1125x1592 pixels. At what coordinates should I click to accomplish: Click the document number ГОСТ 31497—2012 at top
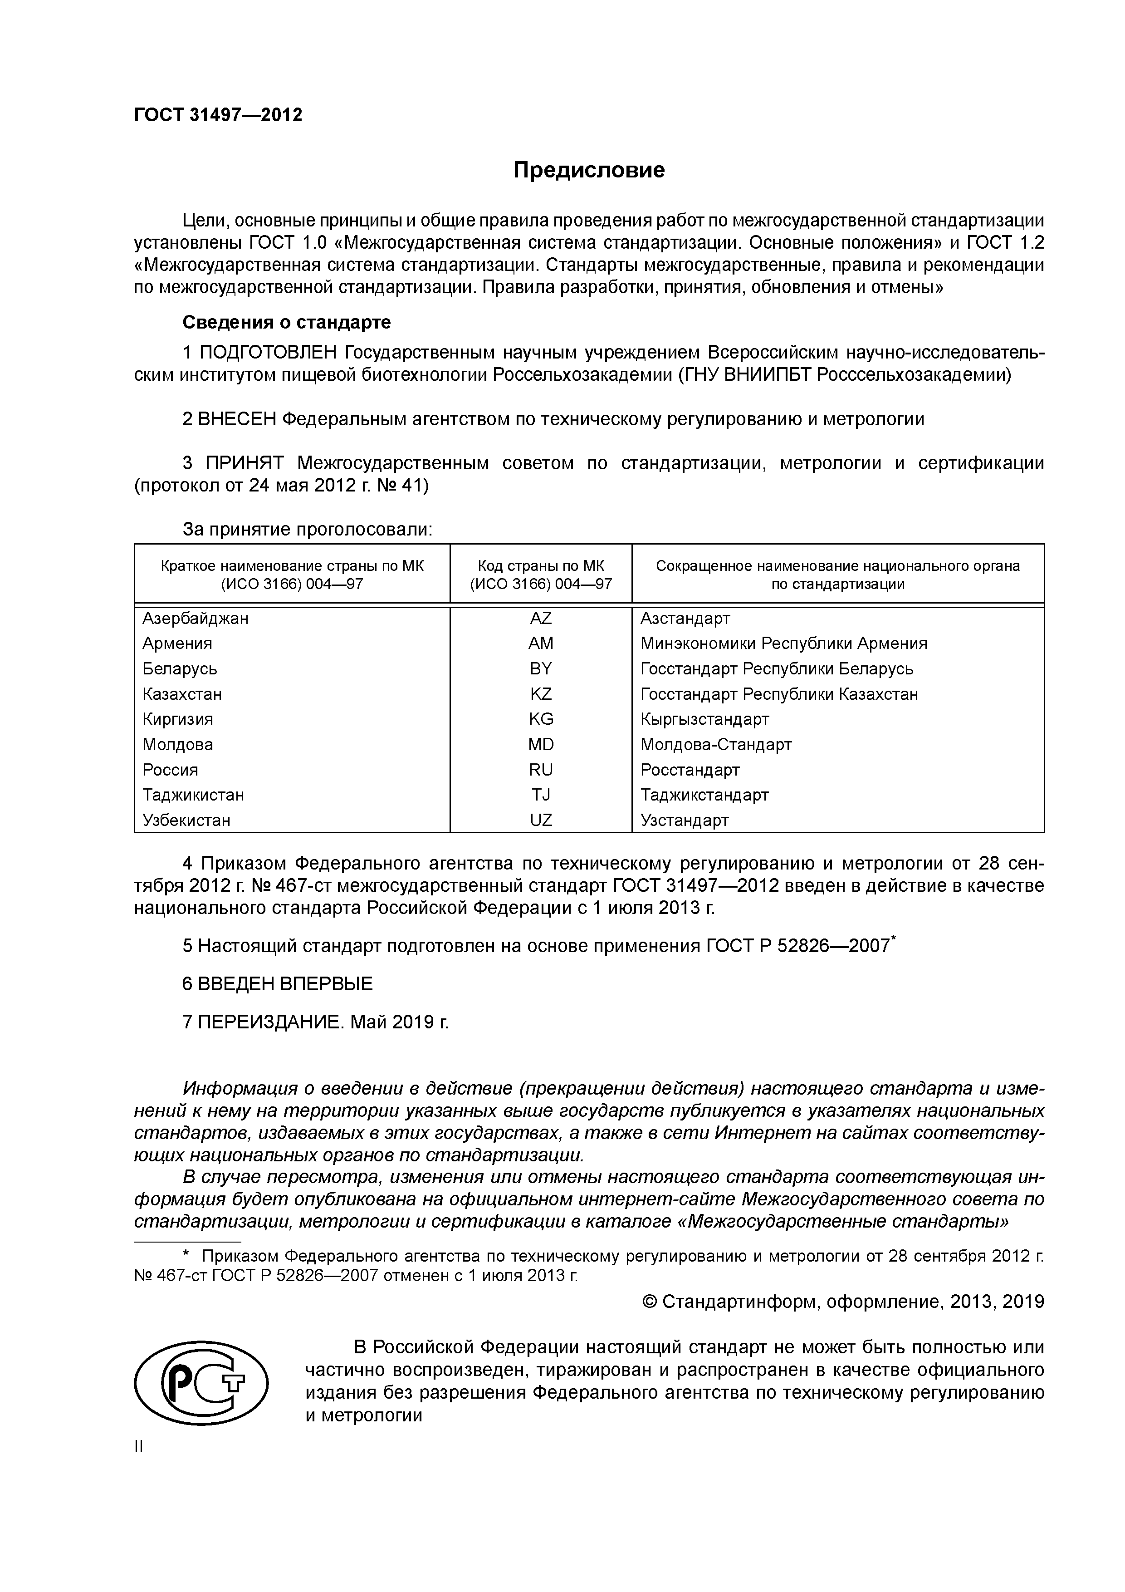point(218,114)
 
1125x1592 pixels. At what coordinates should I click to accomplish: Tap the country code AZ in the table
point(541,618)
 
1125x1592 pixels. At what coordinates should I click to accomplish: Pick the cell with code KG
point(541,719)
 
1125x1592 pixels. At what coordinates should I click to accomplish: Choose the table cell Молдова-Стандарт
point(715,745)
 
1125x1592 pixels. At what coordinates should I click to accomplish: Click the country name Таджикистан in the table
point(193,795)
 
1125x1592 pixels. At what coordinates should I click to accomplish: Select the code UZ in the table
point(541,820)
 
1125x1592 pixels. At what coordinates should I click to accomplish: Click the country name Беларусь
point(180,668)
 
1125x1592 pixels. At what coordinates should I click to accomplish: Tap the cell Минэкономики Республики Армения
point(783,644)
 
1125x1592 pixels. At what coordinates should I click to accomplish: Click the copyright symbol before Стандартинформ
point(650,1302)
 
